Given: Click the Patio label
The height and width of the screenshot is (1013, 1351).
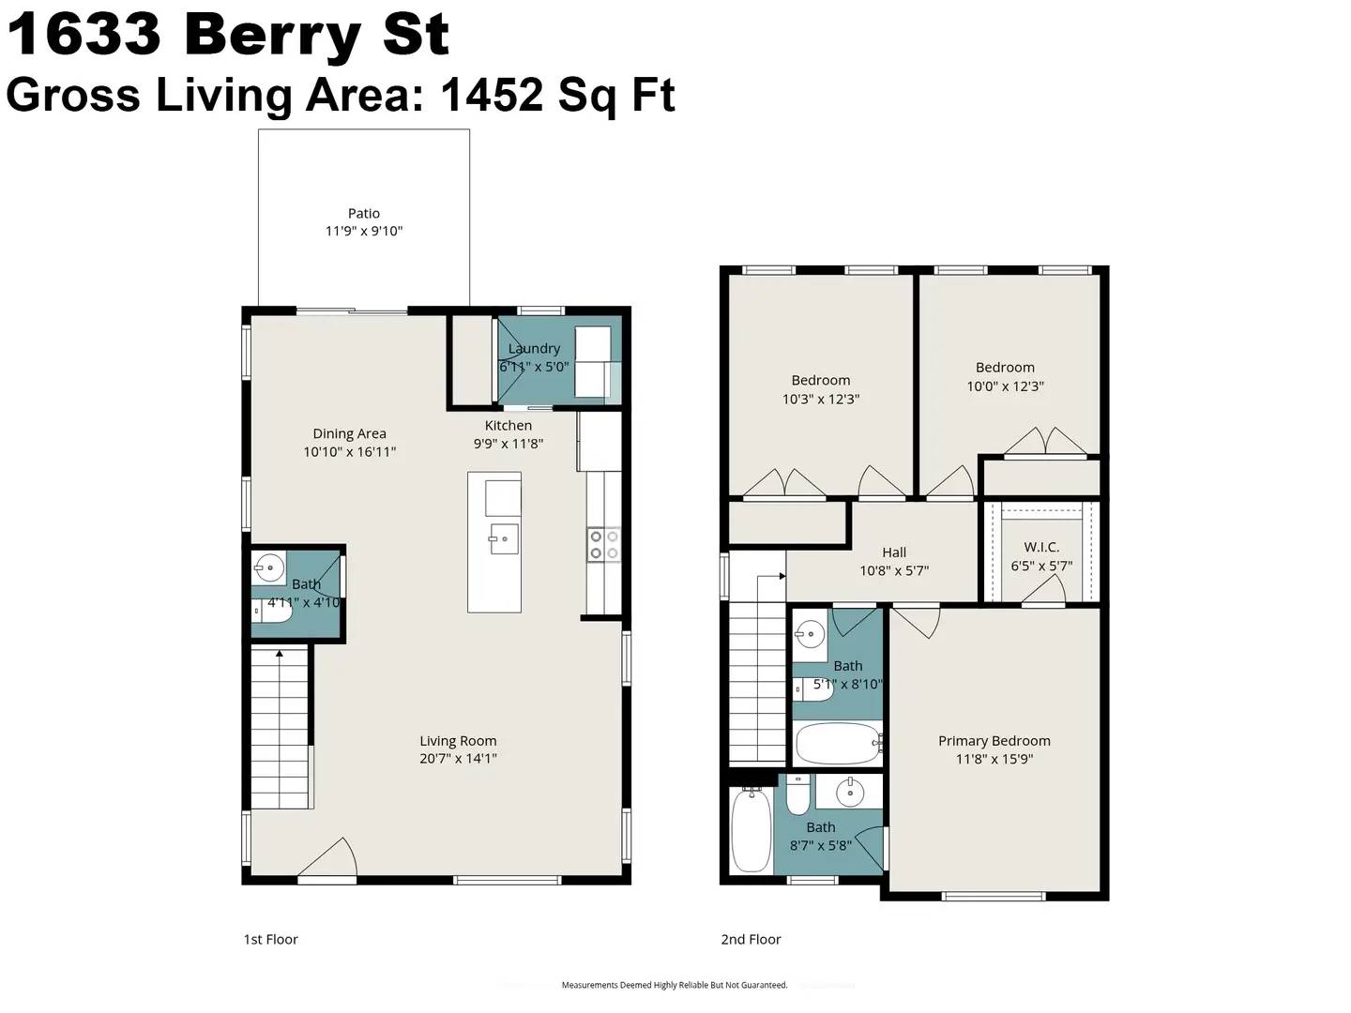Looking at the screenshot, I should tap(364, 214).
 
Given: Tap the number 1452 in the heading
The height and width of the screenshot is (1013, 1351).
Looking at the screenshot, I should tap(491, 95).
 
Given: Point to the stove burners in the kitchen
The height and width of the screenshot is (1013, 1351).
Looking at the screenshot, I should tap(603, 545).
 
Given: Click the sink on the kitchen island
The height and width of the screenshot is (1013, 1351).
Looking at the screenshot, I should tap(503, 539).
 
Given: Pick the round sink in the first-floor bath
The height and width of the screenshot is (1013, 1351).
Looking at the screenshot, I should tap(270, 567).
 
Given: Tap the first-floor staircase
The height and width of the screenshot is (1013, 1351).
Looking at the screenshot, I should tap(280, 728).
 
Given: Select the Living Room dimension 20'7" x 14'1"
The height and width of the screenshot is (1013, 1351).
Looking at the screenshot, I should tap(458, 759).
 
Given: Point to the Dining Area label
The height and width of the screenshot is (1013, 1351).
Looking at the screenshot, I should tap(349, 433).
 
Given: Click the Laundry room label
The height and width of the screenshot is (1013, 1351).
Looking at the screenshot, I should tap(534, 348).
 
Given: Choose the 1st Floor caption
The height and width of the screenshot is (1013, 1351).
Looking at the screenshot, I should tap(270, 939).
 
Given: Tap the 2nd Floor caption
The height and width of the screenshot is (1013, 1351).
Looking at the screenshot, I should tap(751, 939).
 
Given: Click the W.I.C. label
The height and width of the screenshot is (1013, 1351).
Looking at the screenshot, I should tap(1041, 547).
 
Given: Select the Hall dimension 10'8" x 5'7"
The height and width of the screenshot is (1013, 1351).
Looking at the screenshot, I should tap(894, 570).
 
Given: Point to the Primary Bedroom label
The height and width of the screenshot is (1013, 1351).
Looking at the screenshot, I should tap(994, 740).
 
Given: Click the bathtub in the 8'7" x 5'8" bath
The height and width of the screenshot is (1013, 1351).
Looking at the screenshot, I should tap(751, 831).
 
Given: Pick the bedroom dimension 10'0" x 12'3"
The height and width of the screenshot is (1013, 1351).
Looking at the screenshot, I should tap(1005, 386).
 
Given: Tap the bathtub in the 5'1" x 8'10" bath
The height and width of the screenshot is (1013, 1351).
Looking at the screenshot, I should tap(838, 744).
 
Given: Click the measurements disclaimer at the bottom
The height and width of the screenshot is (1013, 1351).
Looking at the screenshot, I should tap(674, 985).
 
